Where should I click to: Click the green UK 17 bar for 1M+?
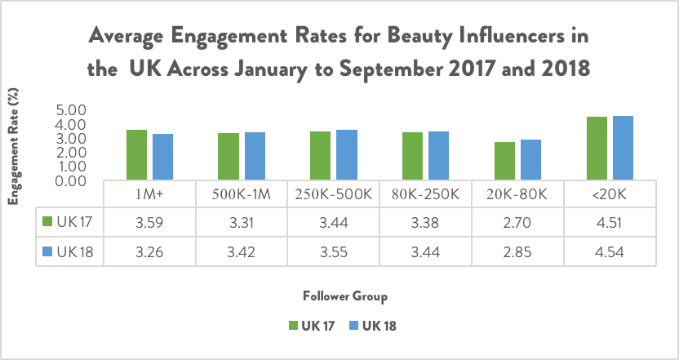pos(136,154)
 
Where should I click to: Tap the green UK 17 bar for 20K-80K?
pos(505,161)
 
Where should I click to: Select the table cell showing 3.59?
pos(151,221)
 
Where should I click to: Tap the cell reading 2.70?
pos(521,221)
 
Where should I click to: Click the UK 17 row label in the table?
pos(71,221)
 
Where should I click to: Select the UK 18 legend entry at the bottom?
pos(376,325)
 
